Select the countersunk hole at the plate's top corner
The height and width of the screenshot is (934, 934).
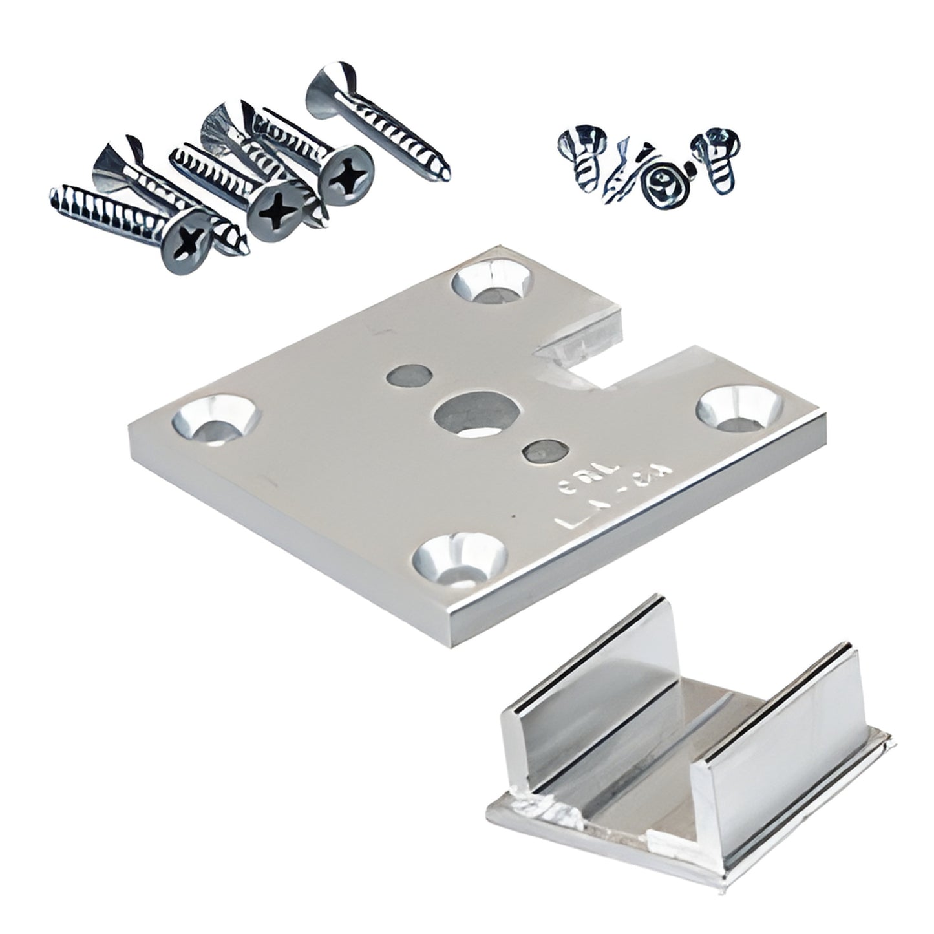pyautogui.click(x=493, y=282)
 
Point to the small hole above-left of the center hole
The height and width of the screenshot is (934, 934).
pyautogui.click(x=410, y=377)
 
